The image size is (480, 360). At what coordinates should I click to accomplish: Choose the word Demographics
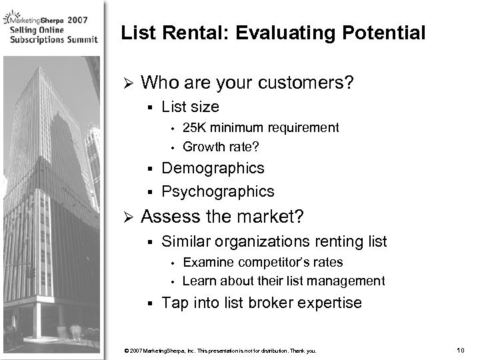tap(213, 168)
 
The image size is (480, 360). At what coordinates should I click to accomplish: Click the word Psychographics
tap(218, 191)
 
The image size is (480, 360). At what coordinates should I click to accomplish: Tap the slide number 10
tap(459, 351)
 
